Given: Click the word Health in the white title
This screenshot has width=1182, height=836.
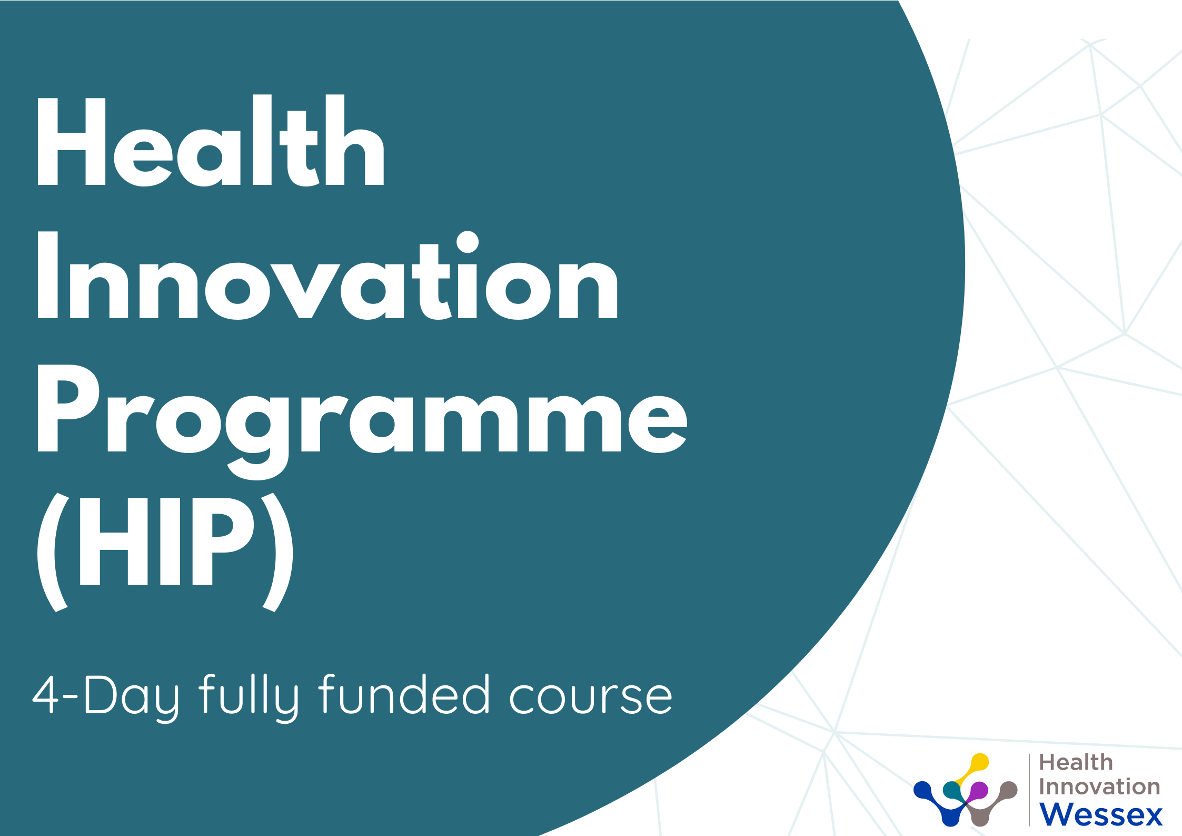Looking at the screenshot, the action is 211,141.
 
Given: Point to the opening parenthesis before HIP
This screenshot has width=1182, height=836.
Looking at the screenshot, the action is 53,552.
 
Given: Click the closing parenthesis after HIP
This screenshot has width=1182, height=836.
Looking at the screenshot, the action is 277,552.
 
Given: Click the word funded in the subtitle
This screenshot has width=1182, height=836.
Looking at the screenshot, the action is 404,694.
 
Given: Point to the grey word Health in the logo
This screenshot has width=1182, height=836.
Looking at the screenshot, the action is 1076,762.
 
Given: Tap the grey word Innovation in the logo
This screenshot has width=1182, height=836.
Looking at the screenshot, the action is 1100,786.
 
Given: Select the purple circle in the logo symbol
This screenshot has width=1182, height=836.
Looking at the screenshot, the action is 978,791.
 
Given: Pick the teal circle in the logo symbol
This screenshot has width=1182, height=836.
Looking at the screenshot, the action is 952,791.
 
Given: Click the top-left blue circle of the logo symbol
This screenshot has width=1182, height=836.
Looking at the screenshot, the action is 923,791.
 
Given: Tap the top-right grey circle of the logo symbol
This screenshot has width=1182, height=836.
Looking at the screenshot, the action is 1008,791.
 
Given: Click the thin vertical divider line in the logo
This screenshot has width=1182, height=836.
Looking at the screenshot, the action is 1029,790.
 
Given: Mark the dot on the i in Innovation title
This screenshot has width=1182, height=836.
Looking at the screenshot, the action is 468,242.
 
